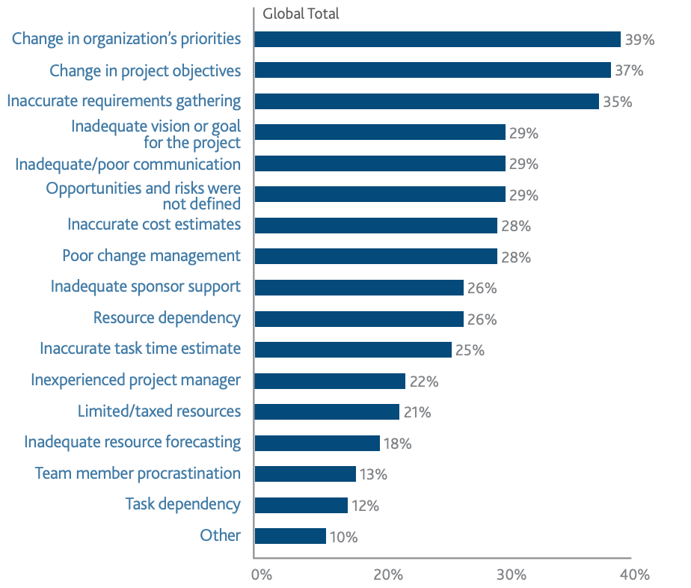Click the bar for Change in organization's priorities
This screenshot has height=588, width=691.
[437, 39]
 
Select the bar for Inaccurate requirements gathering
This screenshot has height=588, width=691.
[426, 101]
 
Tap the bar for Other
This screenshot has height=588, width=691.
[290, 536]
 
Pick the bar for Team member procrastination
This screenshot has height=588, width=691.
[305, 474]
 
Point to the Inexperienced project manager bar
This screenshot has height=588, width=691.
[330, 381]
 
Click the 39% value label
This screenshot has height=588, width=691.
[640, 40]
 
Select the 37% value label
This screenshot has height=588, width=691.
[629, 71]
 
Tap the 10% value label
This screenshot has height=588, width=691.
[343, 537]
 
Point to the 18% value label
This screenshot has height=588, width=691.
[397, 444]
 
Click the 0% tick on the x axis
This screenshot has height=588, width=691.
[261, 575]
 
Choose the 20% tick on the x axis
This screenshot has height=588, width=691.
[388, 575]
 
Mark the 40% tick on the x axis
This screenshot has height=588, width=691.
[635, 575]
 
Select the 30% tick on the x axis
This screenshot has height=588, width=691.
[511, 575]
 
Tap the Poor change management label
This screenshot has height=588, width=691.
[151, 256]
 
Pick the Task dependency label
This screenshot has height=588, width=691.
[183, 503]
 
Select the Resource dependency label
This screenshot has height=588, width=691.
[167, 318]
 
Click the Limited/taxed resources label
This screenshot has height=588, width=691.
[159, 411]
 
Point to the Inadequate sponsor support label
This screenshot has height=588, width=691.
[146, 287]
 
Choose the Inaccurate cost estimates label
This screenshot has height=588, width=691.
[154, 224]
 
